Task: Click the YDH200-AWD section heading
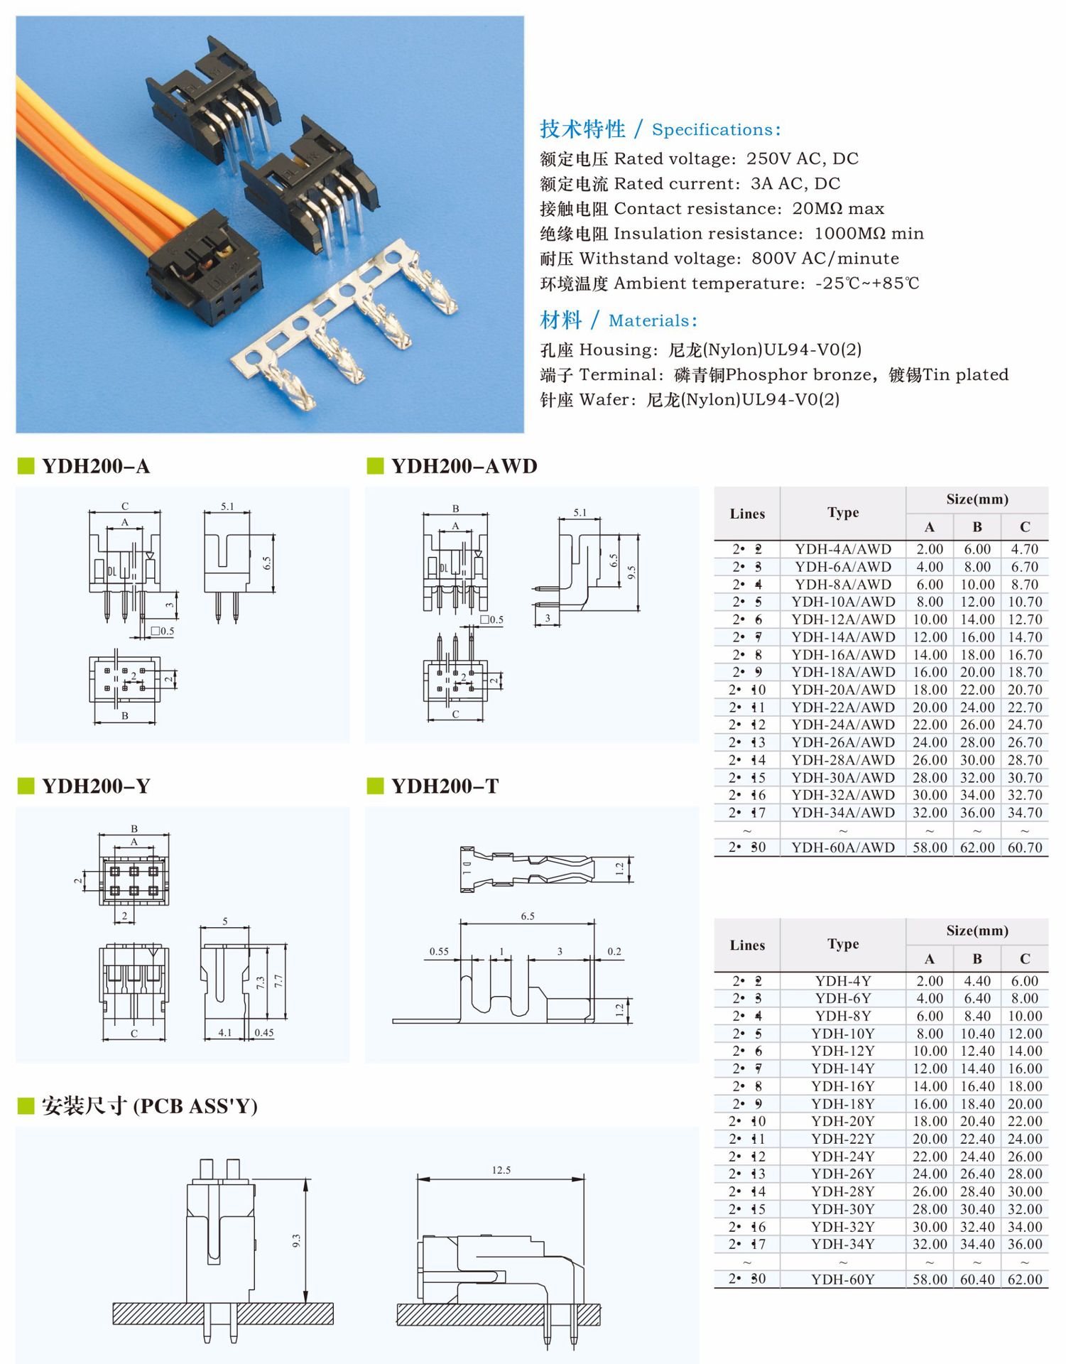pyautogui.click(x=464, y=466)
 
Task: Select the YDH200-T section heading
pyautogui.click(x=445, y=786)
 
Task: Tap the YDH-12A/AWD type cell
pyautogui.click(x=843, y=619)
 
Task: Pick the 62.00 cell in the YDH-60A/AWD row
pyautogui.click(x=977, y=848)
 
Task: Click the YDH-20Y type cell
pyautogui.click(x=843, y=1121)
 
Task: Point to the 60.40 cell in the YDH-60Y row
pyautogui.click(x=977, y=1279)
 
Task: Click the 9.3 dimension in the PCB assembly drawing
pyautogui.click(x=296, y=1240)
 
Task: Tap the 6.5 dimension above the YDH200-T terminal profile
pyautogui.click(x=527, y=916)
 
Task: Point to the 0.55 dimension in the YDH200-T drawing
pyautogui.click(x=439, y=951)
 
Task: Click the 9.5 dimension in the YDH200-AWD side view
pyautogui.click(x=631, y=573)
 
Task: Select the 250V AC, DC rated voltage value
pyautogui.click(x=802, y=158)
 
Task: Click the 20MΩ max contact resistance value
pyautogui.click(x=838, y=208)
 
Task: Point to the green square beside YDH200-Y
pyautogui.click(x=26, y=786)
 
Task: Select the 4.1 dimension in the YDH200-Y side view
pyautogui.click(x=224, y=1032)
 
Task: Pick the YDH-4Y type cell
pyautogui.click(x=843, y=981)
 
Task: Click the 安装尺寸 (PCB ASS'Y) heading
pyautogui.click(x=149, y=1105)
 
